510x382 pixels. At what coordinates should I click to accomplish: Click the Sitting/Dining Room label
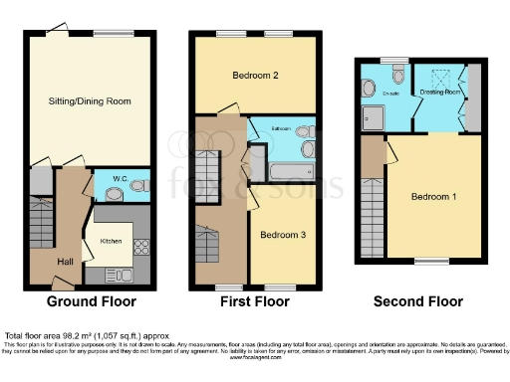[x=91, y=100]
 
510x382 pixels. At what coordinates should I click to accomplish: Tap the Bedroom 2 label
[x=254, y=76]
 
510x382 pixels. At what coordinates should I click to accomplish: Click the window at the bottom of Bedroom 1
[x=431, y=262]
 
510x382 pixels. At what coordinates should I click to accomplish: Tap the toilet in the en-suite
[x=397, y=75]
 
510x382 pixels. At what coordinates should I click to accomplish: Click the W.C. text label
[x=119, y=179]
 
